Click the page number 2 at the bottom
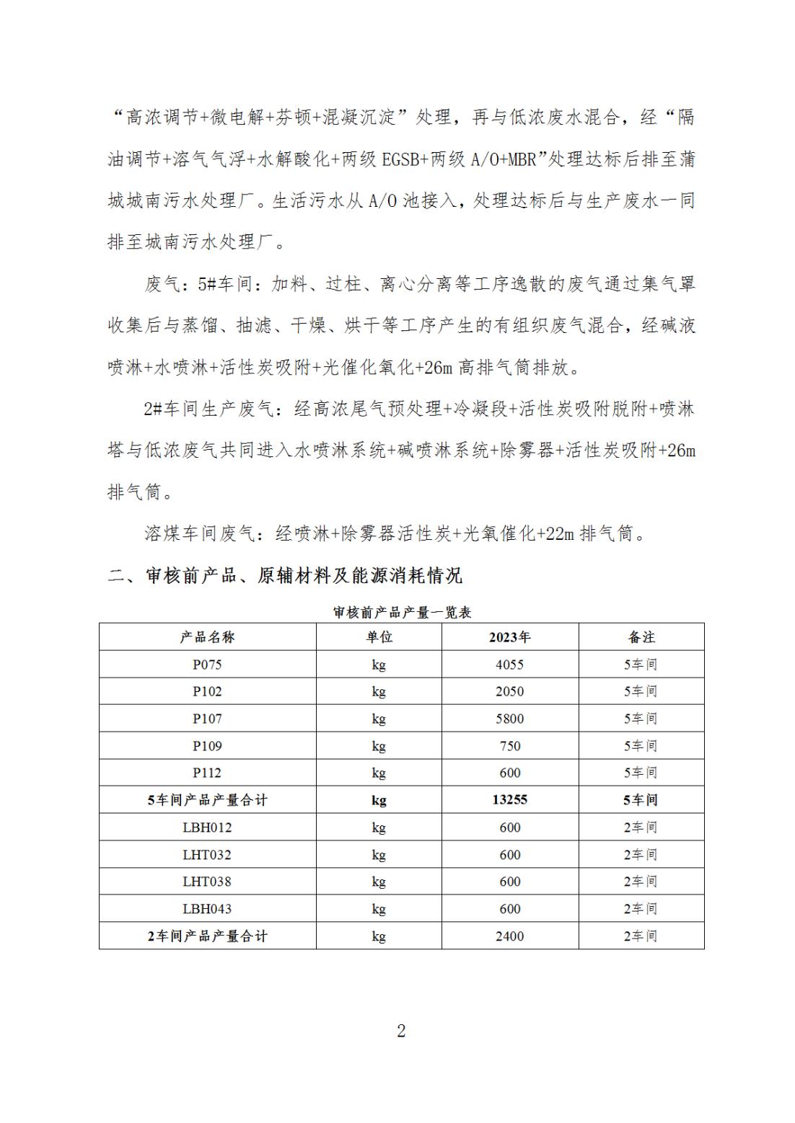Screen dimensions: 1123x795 tap(401, 1031)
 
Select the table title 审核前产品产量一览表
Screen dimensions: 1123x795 tap(402, 613)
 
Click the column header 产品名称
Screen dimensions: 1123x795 tap(207, 637)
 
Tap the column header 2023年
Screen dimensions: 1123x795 tap(509, 637)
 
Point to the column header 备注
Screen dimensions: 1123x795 tap(641, 637)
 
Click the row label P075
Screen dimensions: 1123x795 tap(207, 665)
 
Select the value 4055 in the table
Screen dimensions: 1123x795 tap(509, 665)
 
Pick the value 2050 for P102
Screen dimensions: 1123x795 tap(509, 692)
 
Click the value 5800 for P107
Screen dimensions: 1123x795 tap(509, 719)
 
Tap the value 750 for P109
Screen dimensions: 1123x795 tap(509, 746)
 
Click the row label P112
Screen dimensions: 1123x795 tap(207, 773)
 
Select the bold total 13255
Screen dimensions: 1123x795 tap(509, 800)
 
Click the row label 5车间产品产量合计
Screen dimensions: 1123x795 tap(207, 800)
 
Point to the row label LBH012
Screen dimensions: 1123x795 tap(207, 827)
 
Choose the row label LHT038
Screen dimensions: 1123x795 tap(207, 882)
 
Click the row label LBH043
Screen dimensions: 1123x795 tap(207, 909)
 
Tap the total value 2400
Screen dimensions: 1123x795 tap(509, 936)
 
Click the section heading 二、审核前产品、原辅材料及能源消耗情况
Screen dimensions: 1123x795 tap(285, 576)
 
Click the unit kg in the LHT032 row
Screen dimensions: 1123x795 tap(379, 855)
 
